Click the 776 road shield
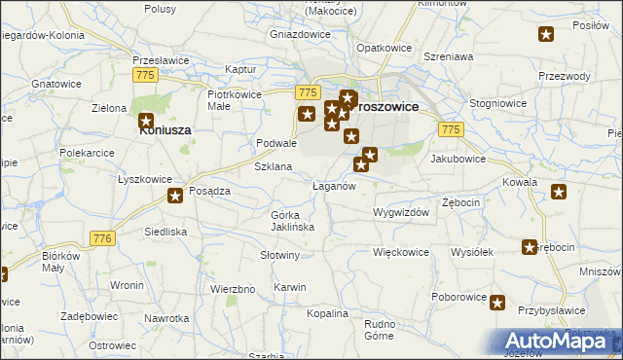(102, 238)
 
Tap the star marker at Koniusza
(147, 123)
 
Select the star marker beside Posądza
(175, 197)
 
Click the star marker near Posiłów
(546, 36)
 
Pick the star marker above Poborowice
(497, 303)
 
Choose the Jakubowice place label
(458, 157)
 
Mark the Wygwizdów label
(401, 211)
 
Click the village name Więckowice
(401, 252)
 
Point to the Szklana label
(274, 166)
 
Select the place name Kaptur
(239, 69)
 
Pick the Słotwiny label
(279, 255)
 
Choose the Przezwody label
(565, 76)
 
